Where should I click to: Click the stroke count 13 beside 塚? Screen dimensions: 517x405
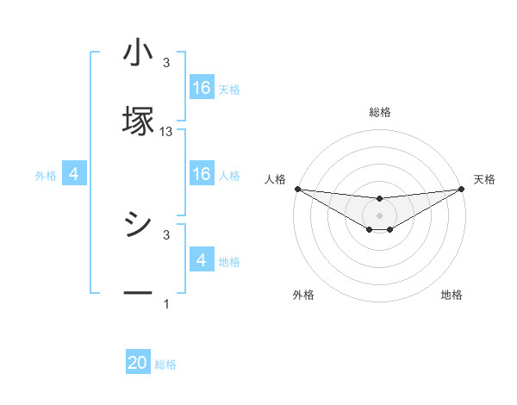coord(166,132)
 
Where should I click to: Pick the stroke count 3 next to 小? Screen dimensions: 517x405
coord(166,63)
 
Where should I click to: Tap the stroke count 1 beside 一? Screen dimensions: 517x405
coord(166,304)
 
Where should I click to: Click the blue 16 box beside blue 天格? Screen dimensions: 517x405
coord(202,88)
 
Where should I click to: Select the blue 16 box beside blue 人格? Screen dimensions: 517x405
coord(202,174)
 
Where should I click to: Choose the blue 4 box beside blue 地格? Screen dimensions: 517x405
coord(202,260)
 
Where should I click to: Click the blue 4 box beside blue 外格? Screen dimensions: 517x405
coord(74,175)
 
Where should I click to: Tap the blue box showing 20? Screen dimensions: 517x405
coord(138,363)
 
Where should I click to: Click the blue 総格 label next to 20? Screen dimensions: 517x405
coord(165,364)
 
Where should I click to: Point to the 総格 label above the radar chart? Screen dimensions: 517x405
coord(380,112)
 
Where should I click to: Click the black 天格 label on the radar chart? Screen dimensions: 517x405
coord(485,179)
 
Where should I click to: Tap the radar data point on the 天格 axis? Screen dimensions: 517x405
coord(463,189)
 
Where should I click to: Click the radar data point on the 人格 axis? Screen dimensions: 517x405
coord(297,189)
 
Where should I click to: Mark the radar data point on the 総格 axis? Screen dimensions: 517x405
coord(380,199)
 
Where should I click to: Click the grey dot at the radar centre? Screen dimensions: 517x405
coord(380,215)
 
